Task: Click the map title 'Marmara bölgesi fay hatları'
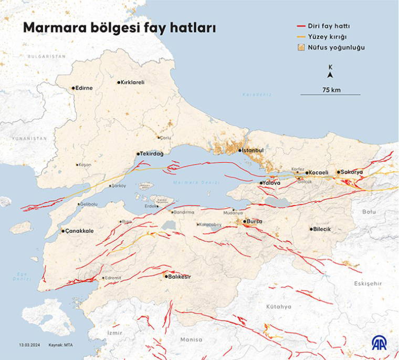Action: pyautogui.click(x=119, y=28)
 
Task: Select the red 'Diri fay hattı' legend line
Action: pyautogui.click(x=302, y=26)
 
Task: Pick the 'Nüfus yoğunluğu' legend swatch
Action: pyautogui.click(x=302, y=47)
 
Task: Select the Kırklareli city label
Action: pyautogui.click(x=132, y=82)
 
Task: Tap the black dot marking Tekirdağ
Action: pyautogui.click(x=139, y=154)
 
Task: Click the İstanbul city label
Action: pyautogui.click(x=252, y=150)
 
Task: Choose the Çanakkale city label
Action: pyautogui.click(x=79, y=231)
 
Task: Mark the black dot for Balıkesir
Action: pyautogui.click(x=166, y=276)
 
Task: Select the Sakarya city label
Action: pyautogui.click(x=352, y=172)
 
